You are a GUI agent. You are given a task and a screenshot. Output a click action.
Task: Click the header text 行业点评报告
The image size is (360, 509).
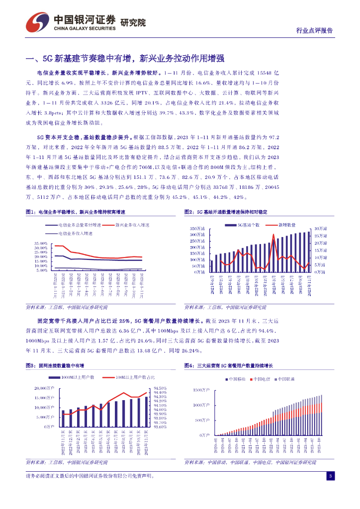[x=315, y=30]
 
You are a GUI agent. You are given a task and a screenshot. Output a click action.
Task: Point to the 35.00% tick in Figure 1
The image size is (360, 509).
[x=40, y=243]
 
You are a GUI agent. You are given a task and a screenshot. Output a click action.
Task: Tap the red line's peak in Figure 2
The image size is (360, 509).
[x=273, y=235]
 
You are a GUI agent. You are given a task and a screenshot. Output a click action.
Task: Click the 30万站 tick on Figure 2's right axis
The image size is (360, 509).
[x=319, y=228]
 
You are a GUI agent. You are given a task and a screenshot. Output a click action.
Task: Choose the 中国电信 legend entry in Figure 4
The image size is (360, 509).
[x=261, y=379]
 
